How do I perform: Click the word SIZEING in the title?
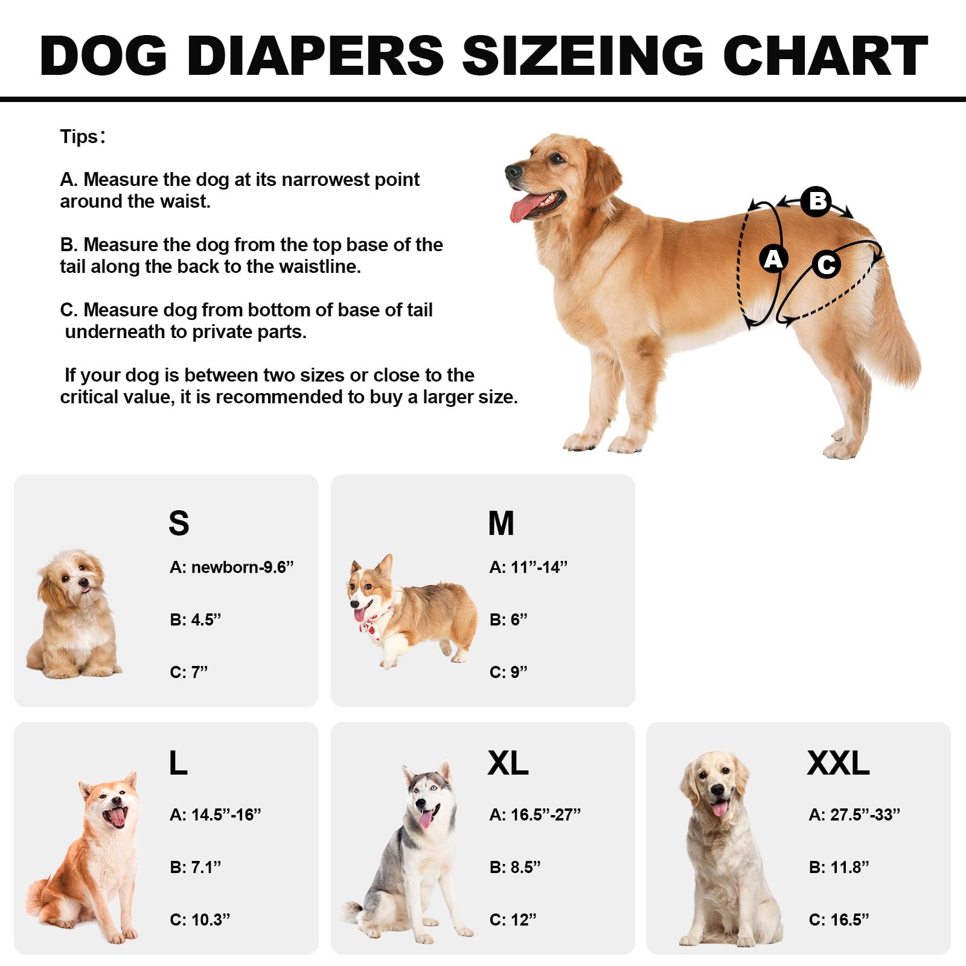coord(583,56)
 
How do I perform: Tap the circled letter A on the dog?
coord(773,259)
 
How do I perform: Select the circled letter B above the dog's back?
coord(816,201)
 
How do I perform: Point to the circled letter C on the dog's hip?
coord(827,264)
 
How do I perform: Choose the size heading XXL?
coord(838,763)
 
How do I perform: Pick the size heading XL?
coord(508,763)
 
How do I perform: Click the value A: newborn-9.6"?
coord(231,568)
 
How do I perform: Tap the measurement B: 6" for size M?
coord(508,620)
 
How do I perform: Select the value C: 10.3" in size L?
coord(200,920)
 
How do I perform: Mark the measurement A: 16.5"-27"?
coord(535,815)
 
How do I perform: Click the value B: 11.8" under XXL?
coord(839,868)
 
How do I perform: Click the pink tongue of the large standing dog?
coord(524,208)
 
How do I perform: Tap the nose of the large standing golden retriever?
coord(512,171)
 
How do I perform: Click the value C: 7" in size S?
coord(188,673)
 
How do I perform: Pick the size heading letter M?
coord(501,523)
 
